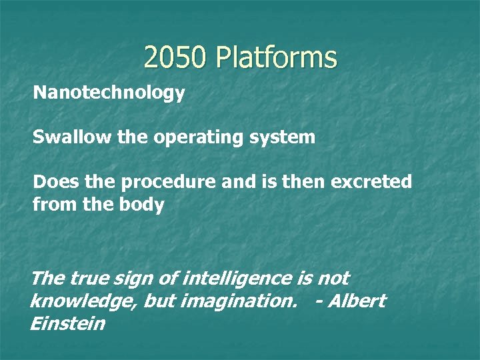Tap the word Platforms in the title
click(276, 58)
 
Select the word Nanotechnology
click(109, 93)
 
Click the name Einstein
click(67, 324)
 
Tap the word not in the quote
click(333, 278)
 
